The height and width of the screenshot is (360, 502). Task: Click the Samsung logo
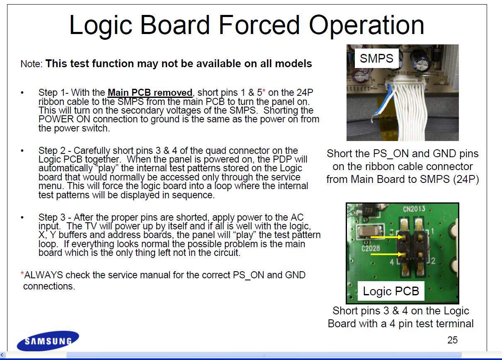48,341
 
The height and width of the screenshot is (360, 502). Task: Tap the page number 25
452,340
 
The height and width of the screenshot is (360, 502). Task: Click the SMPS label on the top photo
376,58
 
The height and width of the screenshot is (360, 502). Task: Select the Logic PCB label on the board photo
391,291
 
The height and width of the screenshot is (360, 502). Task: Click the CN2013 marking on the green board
414,209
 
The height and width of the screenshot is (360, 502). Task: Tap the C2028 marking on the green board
371,248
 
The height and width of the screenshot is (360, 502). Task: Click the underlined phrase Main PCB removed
150,93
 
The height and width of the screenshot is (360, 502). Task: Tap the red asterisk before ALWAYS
22,273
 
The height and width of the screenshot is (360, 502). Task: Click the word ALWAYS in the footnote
44,275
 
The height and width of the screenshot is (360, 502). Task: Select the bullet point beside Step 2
22,151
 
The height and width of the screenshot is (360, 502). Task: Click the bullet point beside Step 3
22,217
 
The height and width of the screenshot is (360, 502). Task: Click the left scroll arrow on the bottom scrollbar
2,355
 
